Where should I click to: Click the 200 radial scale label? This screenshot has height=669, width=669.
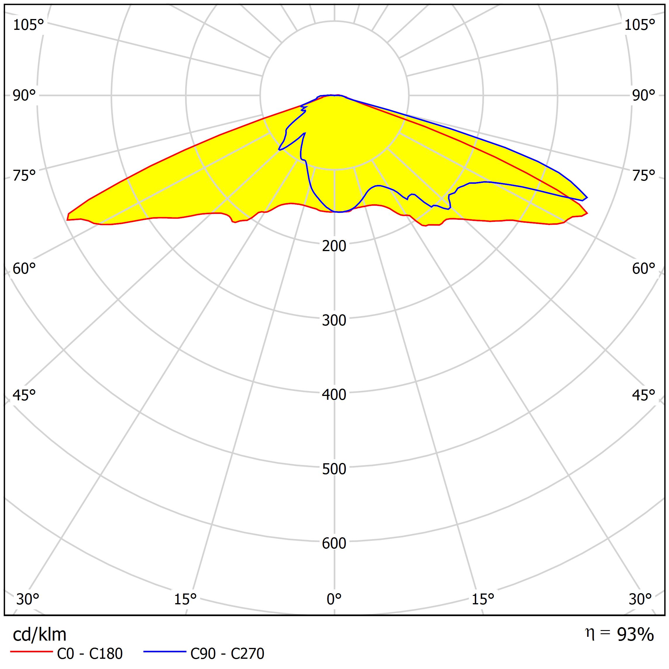(334, 246)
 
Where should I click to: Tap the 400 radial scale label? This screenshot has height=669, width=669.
(334, 395)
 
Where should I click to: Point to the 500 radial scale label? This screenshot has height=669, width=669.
(334, 469)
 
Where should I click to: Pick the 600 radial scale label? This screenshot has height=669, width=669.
(334, 543)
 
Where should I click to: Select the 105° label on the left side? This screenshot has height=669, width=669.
(28, 25)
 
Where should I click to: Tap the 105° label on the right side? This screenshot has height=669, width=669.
(639, 25)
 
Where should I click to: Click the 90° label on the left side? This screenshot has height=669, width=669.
(24, 96)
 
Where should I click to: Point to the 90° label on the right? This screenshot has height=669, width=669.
(644, 96)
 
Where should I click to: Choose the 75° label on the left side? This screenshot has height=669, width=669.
(24, 176)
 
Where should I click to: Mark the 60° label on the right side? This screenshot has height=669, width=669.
(644, 269)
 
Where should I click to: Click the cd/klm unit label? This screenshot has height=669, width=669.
(40, 635)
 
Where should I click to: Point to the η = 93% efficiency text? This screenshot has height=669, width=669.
(620, 634)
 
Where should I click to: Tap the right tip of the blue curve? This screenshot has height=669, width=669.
(587, 198)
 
